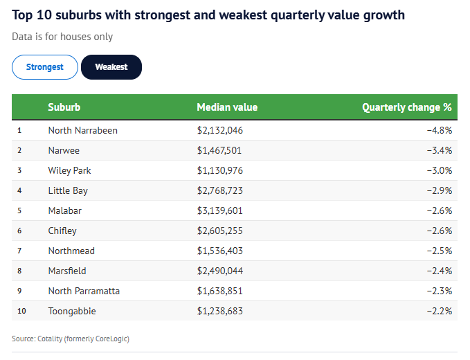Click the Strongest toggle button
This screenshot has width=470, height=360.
click(45, 67)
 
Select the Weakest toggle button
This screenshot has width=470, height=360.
click(111, 67)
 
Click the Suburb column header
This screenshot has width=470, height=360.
click(64, 107)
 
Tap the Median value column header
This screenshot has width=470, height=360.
click(227, 107)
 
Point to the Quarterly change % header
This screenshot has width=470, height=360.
click(406, 107)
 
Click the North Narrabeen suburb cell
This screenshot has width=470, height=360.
click(83, 130)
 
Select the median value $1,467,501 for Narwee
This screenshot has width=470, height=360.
click(219, 150)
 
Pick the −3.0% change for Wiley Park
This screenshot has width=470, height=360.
click(439, 170)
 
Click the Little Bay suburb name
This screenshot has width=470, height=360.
click(68, 190)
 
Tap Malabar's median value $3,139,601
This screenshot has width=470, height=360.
click(220, 210)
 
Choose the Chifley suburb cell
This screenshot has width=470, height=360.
click(62, 231)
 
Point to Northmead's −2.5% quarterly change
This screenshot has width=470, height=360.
click(439, 251)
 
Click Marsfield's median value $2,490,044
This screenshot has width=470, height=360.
click(220, 271)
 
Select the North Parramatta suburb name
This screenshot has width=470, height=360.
click(84, 291)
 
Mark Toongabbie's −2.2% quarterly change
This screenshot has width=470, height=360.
click(439, 311)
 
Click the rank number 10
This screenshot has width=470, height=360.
click(21, 311)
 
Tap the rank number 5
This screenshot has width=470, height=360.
click(19, 210)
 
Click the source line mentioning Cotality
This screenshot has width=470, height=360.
click(71, 339)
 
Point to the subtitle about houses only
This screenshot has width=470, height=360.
click(62, 37)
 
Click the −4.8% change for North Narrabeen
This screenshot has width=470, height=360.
click(439, 130)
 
